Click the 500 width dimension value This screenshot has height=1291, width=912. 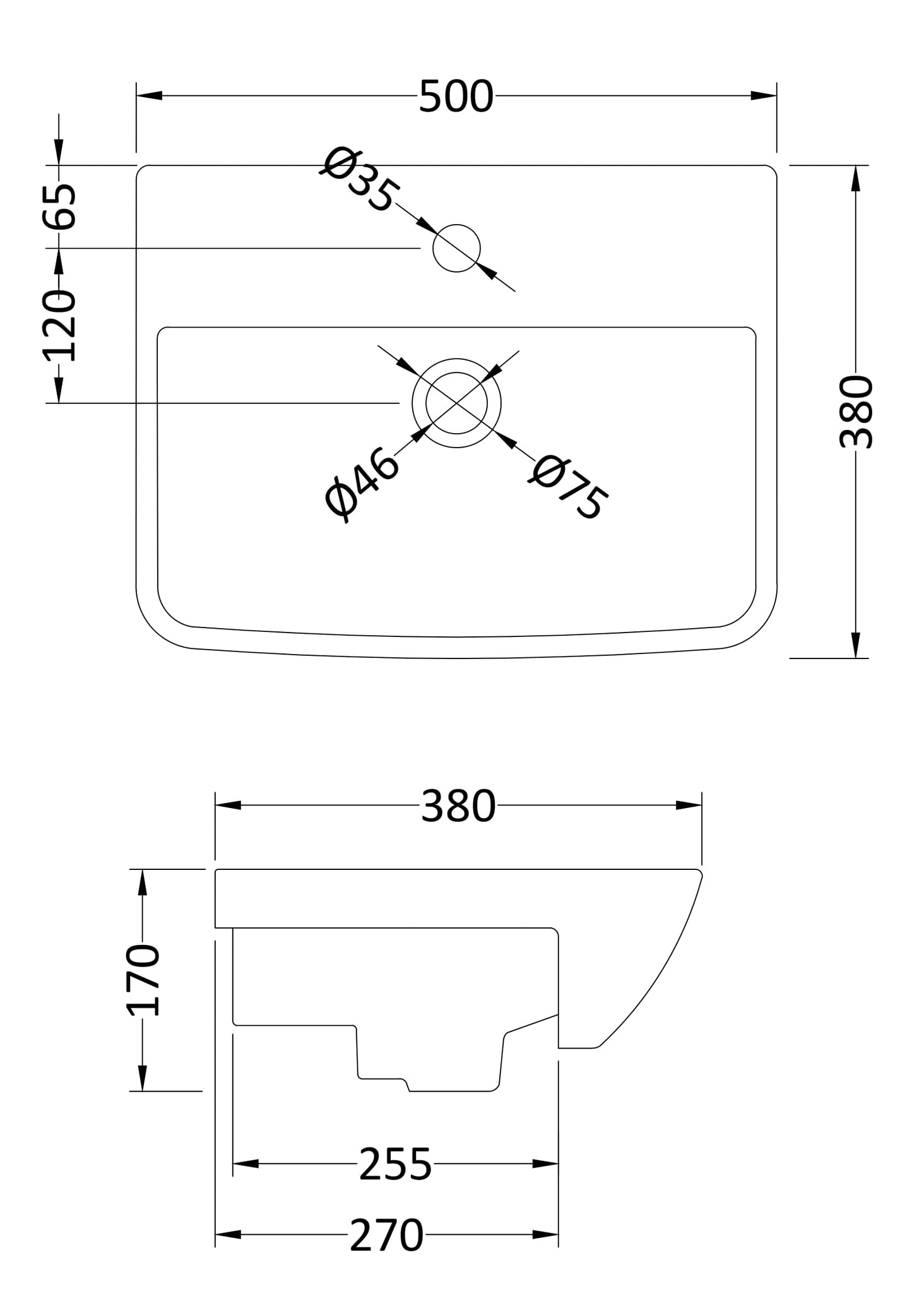[456, 97]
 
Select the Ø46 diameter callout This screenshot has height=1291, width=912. [362, 484]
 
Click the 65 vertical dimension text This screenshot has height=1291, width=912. [60, 206]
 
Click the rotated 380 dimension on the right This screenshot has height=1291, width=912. [856, 412]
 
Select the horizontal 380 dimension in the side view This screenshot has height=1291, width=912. [458, 807]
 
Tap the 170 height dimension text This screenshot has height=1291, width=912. [143, 981]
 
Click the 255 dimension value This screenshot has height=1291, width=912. [396, 1164]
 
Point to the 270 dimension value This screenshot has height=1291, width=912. [386, 1235]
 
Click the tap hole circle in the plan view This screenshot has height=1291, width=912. [456, 248]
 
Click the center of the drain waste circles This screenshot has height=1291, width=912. [456, 403]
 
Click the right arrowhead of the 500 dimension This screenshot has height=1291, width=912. [763, 96]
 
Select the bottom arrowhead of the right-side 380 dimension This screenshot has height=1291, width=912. [856, 645]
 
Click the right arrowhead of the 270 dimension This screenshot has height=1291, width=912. [546, 1235]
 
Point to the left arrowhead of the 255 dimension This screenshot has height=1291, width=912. [246, 1163]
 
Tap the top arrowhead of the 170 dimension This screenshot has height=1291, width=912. [143, 883]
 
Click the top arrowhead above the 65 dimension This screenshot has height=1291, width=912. [59, 152]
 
